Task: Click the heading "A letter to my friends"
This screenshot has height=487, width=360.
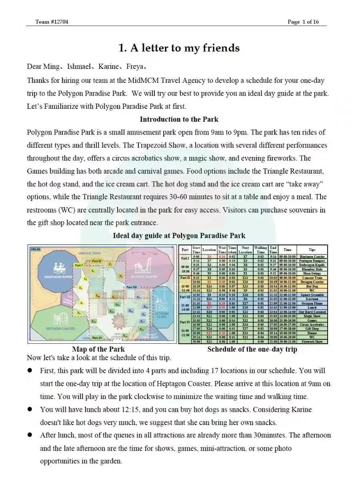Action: (x=179, y=48)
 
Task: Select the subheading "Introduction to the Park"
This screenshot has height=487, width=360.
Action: (x=179, y=119)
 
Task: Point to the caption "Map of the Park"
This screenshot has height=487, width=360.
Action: (x=98, y=349)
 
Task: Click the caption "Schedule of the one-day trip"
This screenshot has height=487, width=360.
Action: (x=252, y=349)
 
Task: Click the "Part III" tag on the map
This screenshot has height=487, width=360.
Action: (x=131, y=287)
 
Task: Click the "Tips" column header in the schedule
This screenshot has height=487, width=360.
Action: (x=312, y=250)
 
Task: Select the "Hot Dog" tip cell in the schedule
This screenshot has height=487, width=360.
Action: (x=312, y=287)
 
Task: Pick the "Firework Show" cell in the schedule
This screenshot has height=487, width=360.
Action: (x=312, y=341)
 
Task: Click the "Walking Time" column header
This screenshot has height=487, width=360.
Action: (x=260, y=250)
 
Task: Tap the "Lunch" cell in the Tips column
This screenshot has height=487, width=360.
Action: (x=312, y=308)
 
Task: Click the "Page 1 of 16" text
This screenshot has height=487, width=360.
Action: (x=303, y=22)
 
